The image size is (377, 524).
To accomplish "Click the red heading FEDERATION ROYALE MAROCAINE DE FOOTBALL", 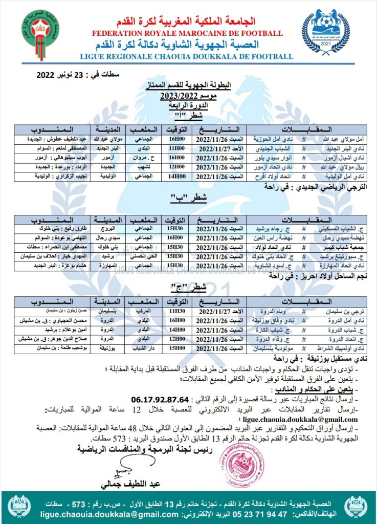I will [x=188, y=33].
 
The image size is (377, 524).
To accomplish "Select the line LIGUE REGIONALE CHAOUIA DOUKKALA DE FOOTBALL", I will [x=188, y=56].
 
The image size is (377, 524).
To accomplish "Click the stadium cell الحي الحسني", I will [x=145, y=256].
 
